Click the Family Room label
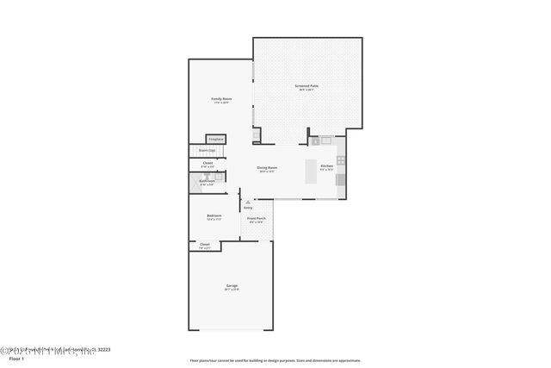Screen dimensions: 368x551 pos(221,99)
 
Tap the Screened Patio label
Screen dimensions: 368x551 pos(307,86)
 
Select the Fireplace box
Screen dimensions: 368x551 pos(215,139)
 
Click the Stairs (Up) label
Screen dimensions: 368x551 pos(207,151)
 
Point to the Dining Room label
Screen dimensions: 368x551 pos(267,168)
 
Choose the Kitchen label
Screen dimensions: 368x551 pos(326,165)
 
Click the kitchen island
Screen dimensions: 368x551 pos(312,172)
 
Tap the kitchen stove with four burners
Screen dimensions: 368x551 pos(341,160)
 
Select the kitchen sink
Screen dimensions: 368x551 pos(315,140)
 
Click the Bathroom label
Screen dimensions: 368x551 pos(207,181)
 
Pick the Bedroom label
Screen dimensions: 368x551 pos(214,216)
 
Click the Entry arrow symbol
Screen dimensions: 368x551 pos(248,202)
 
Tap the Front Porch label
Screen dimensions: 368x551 pos(257,220)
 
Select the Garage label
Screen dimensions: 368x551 pos(232,286)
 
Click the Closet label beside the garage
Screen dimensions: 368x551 pos(204,246)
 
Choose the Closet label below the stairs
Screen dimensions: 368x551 pos(207,164)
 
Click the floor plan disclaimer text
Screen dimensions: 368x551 pos(275,360)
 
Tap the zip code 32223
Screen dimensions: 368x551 pos(102,350)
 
